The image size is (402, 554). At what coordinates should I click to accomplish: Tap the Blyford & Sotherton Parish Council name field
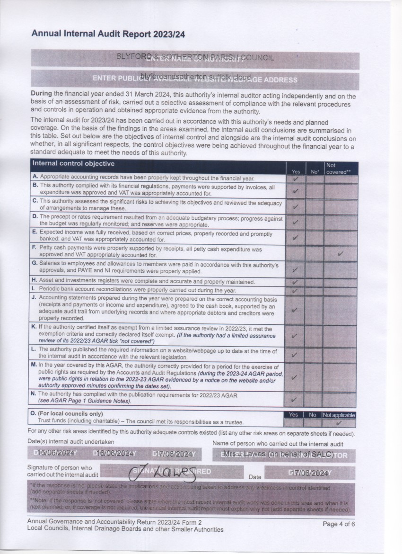(194, 58)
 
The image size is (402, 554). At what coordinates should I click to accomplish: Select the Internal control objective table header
(73, 164)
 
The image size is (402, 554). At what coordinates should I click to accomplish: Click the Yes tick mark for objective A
(296, 179)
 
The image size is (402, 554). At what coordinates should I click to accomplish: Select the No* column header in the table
(314, 172)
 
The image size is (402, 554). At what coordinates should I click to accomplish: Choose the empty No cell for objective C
(314, 206)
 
